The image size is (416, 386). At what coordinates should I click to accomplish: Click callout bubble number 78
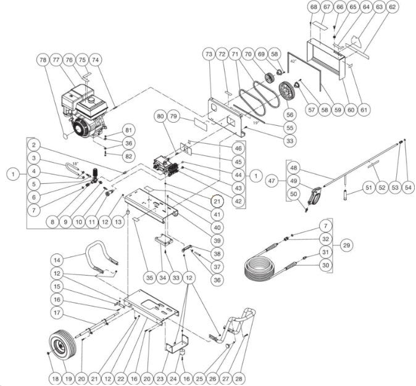(43, 60)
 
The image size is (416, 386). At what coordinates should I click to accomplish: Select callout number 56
(289, 115)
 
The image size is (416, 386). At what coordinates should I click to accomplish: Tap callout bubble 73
(209, 55)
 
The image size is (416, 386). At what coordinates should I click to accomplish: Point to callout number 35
(149, 278)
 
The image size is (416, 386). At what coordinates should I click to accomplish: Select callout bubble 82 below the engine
(128, 157)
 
